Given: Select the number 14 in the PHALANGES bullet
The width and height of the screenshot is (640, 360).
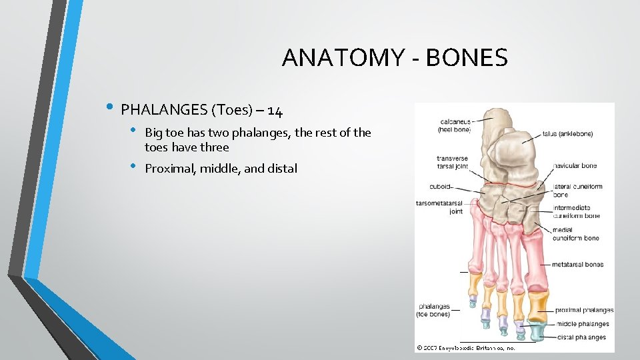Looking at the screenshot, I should pyautogui.click(x=275, y=110).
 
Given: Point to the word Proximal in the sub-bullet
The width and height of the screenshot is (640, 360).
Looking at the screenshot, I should pyautogui.click(x=169, y=169).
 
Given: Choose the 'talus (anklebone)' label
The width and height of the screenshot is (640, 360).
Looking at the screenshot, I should pyautogui.click(x=567, y=134).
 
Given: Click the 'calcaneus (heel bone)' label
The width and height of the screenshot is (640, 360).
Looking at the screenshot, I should pyautogui.click(x=454, y=125).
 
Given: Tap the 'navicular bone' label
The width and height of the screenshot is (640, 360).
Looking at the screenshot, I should pyautogui.click(x=574, y=165).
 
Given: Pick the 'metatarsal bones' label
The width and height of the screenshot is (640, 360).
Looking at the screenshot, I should pyautogui.click(x=577, y=265).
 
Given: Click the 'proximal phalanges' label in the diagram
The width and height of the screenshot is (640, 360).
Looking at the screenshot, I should pyautogui.click(x=584, y=310).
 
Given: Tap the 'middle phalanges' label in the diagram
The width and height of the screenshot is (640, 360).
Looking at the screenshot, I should pyautogui.click(x=581, y=324).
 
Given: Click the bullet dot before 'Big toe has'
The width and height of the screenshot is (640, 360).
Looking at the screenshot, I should pyautogui.click(x=133, y=130).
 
